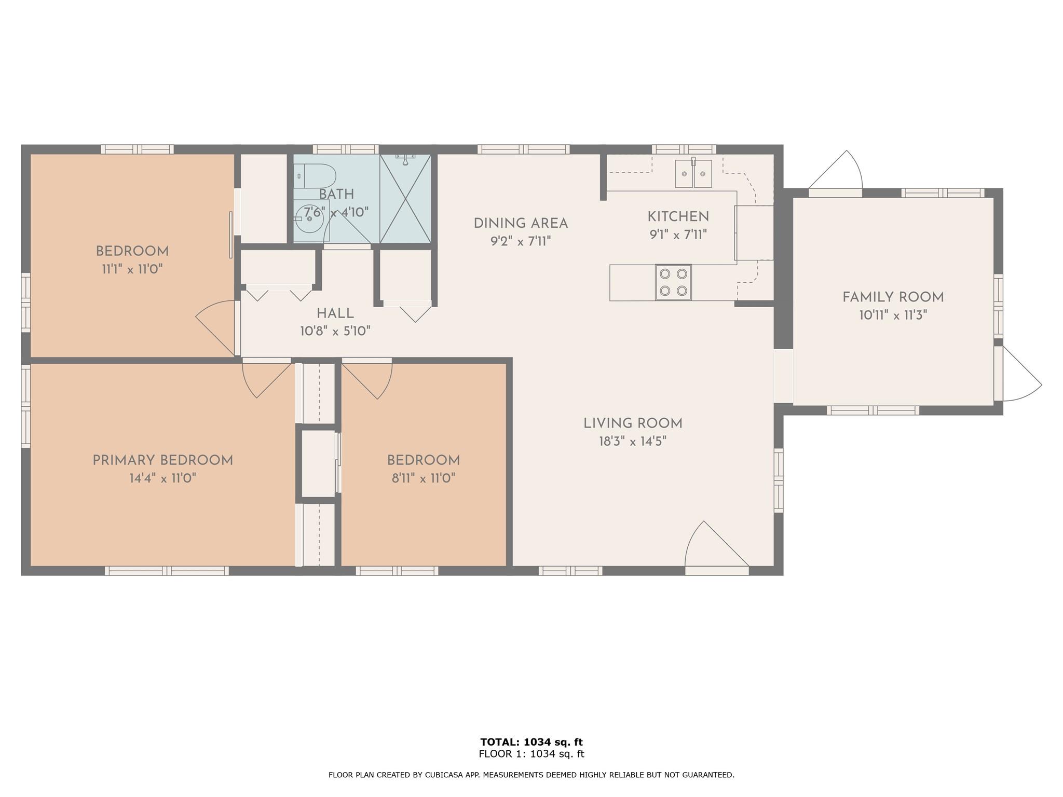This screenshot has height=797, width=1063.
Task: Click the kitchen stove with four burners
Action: (x=673, y=282)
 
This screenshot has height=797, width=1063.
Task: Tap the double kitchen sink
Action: (x=693, y=173)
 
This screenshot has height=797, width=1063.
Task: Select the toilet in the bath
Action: (x=315, y=176)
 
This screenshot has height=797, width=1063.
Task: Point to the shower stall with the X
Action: (x=405, y=198)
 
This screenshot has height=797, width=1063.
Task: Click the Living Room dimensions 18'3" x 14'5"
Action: (x=632, y=442)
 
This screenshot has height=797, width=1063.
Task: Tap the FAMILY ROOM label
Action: (x=893, y=297)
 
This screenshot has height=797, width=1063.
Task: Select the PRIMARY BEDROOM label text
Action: (x=162, y=460)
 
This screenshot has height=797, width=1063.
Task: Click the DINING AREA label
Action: (x=521, y=224)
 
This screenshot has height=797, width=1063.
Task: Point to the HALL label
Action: (x=335, y=313)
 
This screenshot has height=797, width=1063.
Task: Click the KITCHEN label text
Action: (x=678, y=216)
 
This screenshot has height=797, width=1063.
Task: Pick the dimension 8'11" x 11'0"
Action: (x=424, y=478)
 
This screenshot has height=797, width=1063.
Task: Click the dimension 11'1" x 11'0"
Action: (x=132, y=269)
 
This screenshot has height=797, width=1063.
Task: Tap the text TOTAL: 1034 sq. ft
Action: (x=531, y=742)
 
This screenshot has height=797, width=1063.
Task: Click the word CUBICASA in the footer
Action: (x=444, y=775)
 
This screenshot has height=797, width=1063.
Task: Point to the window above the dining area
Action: (x=523, y=149)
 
